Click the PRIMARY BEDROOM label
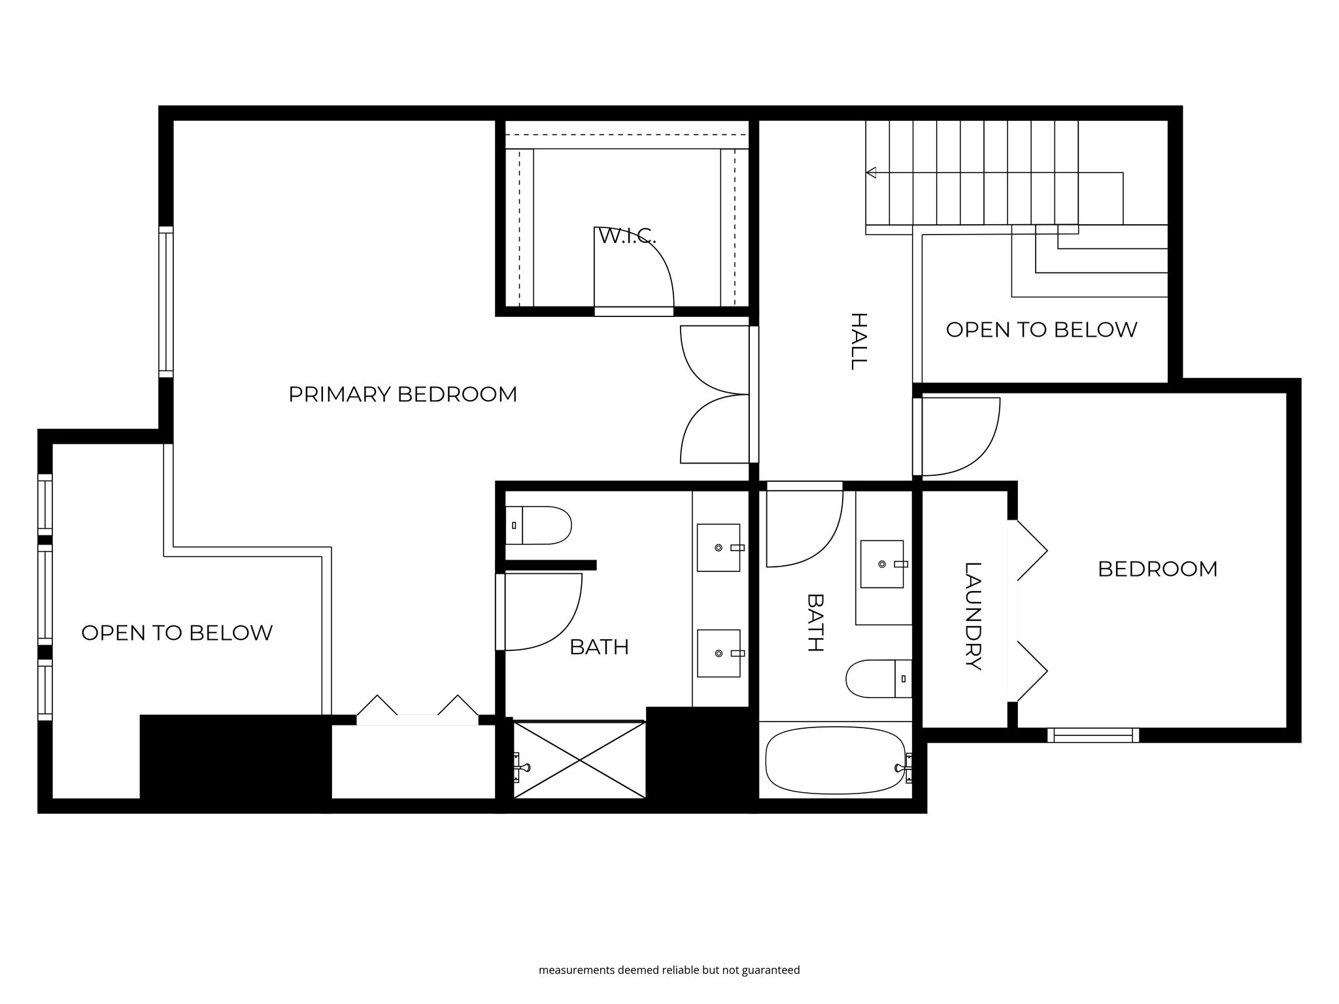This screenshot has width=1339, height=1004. pyautogui.click(x=403, y=394)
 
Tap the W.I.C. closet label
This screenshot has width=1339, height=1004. pyautogui.click(x=627, y=236)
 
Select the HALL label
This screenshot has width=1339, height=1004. pyautogui.click(x=858, y=341)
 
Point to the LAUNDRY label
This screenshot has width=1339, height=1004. pyautogui.click(x=973, y=616)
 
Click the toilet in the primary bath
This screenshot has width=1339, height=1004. pyautogui.click(x=539, y=525)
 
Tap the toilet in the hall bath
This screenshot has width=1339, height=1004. pyautogui.click(x=879, y=678)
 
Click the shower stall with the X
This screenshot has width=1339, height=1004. pyautogui.click(x=579, y=760)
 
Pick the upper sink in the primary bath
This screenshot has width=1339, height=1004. pyautogui.click(x=719, y=548)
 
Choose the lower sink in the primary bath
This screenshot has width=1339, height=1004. pyautogui.click(x=719, y=654)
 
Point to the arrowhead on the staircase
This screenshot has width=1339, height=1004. pyautogui.click(x=871, y=173)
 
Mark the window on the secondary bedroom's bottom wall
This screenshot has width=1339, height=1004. pyautogui.click(x=1093, y=735)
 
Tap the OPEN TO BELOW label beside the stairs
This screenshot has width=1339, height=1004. pyautogui.click(x=1042, y=329)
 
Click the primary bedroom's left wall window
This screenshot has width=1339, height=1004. pyautogui.click(x=167, y=302)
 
